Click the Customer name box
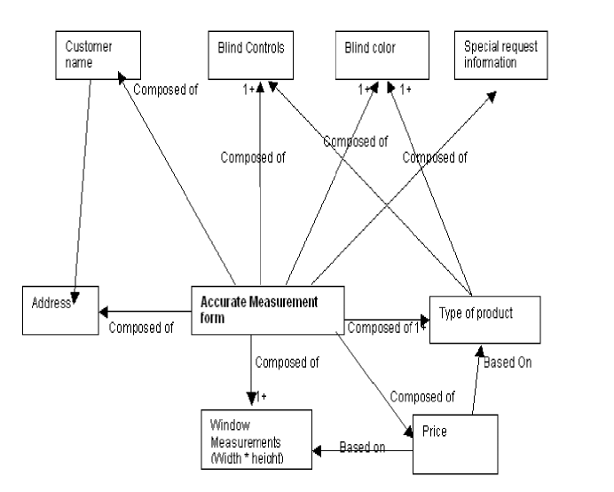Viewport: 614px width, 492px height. (98, 55)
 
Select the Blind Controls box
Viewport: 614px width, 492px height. (250, 55)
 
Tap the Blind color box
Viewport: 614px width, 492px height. (382, 55)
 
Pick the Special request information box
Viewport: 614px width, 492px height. (500, 55)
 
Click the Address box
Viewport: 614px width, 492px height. (60, 311)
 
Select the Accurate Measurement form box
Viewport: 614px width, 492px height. (268, 311)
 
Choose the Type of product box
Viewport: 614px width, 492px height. (485, 320)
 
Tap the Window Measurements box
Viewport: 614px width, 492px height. (256, 440)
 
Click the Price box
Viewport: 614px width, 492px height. (455, 444)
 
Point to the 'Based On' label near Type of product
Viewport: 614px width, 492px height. (508, 362)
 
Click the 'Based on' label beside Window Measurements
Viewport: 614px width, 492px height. (362, 447)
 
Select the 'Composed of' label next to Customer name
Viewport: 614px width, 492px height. (166, 90)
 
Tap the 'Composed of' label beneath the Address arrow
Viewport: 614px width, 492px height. (141, 328)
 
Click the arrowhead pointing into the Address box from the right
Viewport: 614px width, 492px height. (104, 312)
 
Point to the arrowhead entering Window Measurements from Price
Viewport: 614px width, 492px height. (317, 451)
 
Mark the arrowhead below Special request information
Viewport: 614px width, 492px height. (492, 97)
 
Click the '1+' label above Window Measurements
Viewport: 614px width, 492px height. (261, 397)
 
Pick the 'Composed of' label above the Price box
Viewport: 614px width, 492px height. (422, 397)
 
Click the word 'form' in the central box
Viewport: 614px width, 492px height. (212, 318)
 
